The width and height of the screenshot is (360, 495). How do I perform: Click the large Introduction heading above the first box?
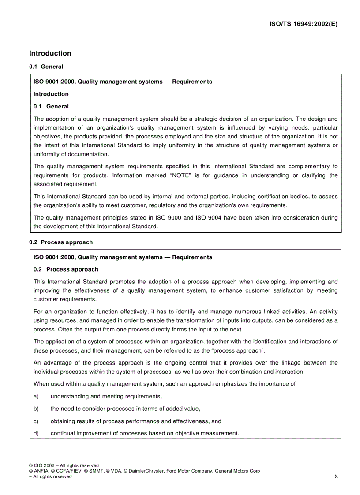[x=50, y=53]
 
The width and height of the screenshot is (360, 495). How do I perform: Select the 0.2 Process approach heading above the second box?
[x=61, y=242]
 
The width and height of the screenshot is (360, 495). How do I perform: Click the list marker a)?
[x=37, y=396]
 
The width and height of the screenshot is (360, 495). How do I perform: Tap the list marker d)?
[x=37, y=433]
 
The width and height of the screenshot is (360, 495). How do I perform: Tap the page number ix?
[x=335, y=476]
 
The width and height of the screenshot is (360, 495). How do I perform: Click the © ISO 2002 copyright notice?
[x=45, y=465]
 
